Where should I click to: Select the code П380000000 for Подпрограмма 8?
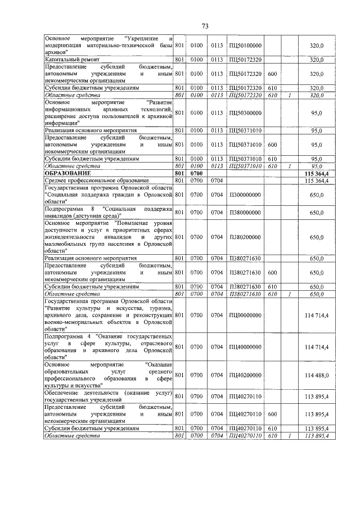click(245, 213)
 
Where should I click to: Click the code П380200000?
click(245, 237)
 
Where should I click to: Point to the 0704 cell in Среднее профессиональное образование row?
click(217, 181)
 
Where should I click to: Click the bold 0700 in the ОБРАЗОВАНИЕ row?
click(196, 173)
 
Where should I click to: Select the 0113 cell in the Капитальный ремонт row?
click(217, 59)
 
